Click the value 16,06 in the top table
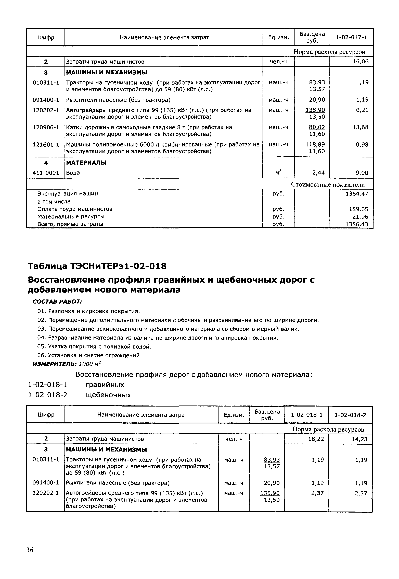coord(360,62)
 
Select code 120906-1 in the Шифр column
coord(46,127)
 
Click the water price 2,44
coord(317,173)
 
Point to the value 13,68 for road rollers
coord(360,127)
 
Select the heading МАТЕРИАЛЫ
coord(86,163)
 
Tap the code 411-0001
coord(46,173)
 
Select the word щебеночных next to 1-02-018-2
coord(108,395)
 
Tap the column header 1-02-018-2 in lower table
coord(350,415)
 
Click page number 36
coord(30,550)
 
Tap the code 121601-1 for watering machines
coord(46,145)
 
